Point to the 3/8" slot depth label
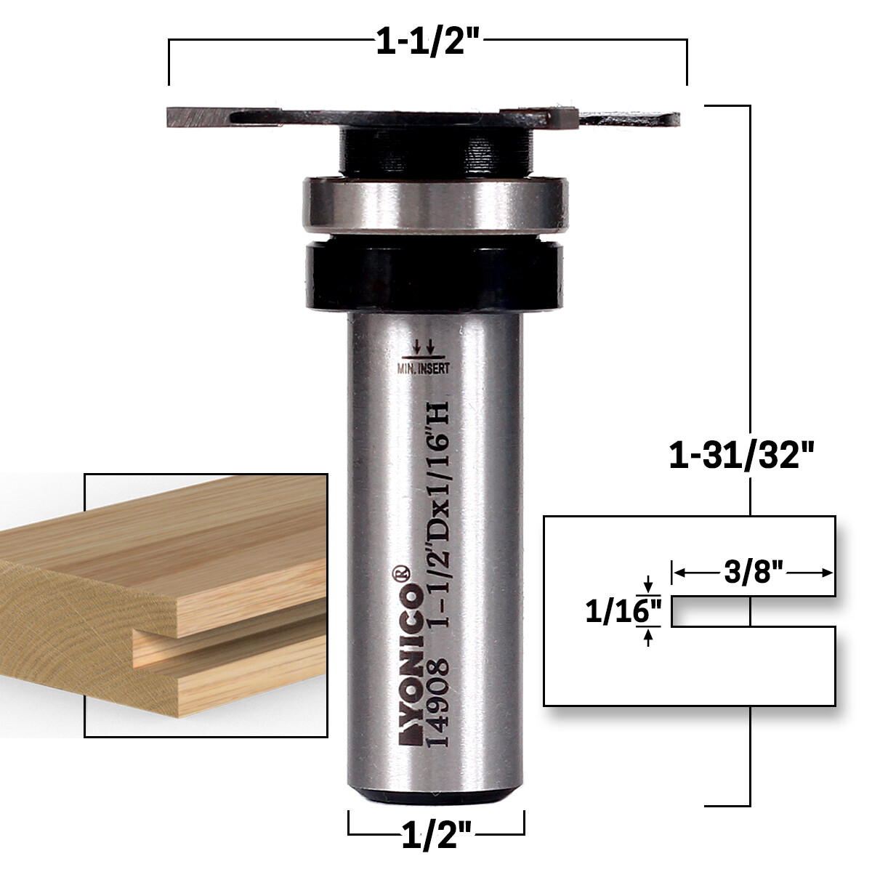point(753,573)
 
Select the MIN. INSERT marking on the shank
point(423,368)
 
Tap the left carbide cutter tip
point(196,116)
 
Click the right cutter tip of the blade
point(563,114)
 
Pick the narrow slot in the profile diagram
point(748,612)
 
